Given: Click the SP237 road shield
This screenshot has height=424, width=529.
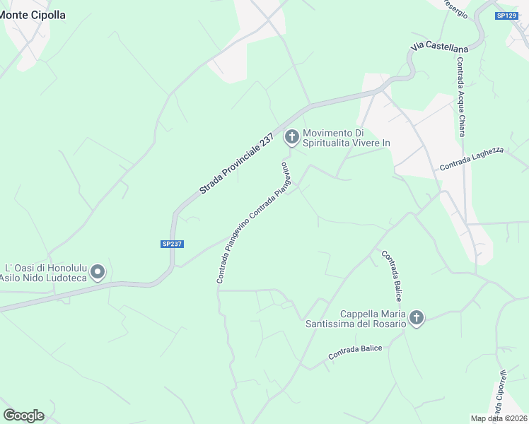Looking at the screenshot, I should pyautogui.click(x=172, y=244).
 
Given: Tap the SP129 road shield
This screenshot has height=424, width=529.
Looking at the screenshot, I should pyautogui.click(x=506, y=16).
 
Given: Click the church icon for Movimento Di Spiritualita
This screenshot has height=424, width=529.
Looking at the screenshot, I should pyautogui.click(x=291, y=136).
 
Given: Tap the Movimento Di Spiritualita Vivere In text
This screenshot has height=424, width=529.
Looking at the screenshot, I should pyautogui.click(x=347, y=138).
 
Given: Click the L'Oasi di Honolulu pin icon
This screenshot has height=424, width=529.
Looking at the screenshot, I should pyautogui.click(x=98, y=272).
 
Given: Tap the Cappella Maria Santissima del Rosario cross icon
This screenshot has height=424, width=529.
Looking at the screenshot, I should pyautogui.click(x=417, y=318).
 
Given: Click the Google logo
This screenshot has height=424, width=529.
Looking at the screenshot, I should pyautogui.click(x=23, y=415).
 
